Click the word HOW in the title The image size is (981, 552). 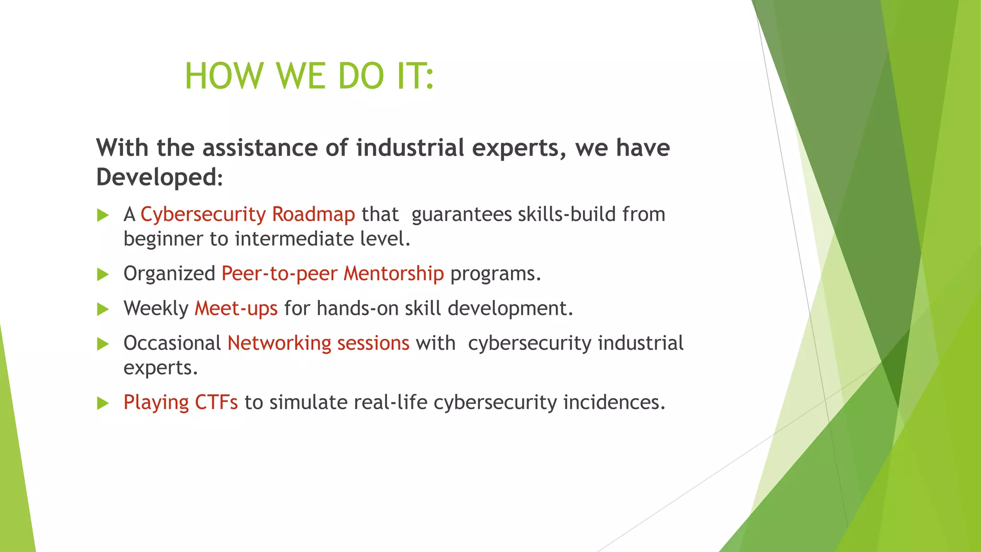(224, 76)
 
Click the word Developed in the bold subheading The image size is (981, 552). (157, 177)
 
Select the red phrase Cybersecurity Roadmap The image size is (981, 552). (248, 214)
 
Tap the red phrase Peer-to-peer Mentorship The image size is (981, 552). (332, 274)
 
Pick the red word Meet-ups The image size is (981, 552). (236, 308)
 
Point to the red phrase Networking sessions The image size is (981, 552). (318, 343)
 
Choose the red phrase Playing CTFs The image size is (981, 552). (181, 402)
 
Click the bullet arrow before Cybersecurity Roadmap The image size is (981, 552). (103, 215)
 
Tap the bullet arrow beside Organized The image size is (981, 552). (103, 275)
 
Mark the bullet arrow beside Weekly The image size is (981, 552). (103, 309)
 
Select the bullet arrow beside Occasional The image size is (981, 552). (103, 344)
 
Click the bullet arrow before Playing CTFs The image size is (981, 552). (103, 403)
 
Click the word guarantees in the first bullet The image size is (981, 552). (461, 215)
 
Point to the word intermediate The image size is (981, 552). (294, 239)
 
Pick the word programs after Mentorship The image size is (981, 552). (495, 274)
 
